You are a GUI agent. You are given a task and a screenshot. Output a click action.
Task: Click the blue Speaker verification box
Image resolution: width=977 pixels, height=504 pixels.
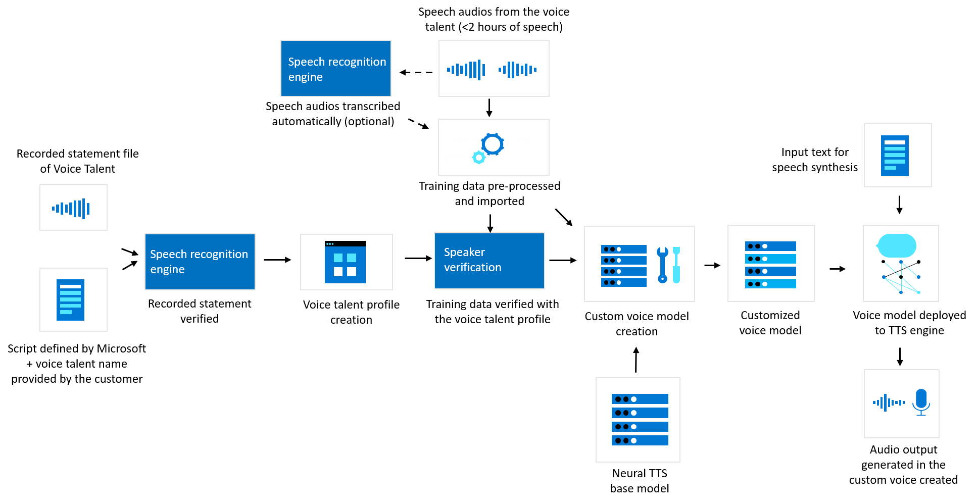489,261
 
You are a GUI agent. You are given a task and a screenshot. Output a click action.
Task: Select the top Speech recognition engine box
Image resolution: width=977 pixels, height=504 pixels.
336,69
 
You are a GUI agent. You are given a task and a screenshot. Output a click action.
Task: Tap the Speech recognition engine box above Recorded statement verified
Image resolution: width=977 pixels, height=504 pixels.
200,262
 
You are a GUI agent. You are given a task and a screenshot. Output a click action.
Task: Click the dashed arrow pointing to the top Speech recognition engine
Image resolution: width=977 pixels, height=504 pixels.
416,73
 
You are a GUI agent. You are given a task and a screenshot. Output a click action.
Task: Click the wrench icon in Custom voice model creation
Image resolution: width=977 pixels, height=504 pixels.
662,265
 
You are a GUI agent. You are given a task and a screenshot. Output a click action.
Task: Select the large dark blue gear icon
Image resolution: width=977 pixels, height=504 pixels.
493,144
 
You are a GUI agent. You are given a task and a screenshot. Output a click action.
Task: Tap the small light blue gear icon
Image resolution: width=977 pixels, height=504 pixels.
478,158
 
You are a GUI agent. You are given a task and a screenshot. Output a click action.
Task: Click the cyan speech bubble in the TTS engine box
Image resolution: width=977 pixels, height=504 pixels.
897,246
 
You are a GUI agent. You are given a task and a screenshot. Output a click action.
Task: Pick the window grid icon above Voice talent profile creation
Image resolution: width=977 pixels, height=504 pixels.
345,262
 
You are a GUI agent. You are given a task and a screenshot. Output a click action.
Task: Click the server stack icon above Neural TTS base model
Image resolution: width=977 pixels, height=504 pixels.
640,420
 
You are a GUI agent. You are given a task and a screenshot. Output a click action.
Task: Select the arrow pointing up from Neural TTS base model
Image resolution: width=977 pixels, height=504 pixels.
636,360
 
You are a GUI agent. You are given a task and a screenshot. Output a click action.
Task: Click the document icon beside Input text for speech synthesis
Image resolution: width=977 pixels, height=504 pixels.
895,156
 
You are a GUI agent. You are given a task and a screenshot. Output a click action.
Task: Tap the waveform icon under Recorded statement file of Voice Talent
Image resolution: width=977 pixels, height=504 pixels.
71,208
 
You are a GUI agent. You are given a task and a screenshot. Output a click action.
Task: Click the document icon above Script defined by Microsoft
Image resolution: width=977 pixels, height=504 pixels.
70,300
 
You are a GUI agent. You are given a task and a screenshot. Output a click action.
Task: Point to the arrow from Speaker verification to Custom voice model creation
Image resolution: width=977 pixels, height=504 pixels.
562,261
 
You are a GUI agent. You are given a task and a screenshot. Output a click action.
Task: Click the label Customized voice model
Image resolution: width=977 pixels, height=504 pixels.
770,323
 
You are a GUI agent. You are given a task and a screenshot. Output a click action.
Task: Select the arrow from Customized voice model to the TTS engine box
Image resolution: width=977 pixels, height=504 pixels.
837,269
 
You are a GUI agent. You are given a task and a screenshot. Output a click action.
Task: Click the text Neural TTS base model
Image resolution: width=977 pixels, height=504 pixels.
639,481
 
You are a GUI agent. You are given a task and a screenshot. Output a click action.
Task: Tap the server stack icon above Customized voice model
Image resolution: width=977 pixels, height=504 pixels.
770,265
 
